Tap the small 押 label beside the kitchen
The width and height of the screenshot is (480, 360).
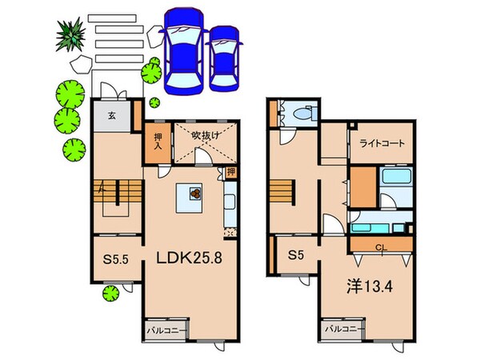point(230,172)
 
